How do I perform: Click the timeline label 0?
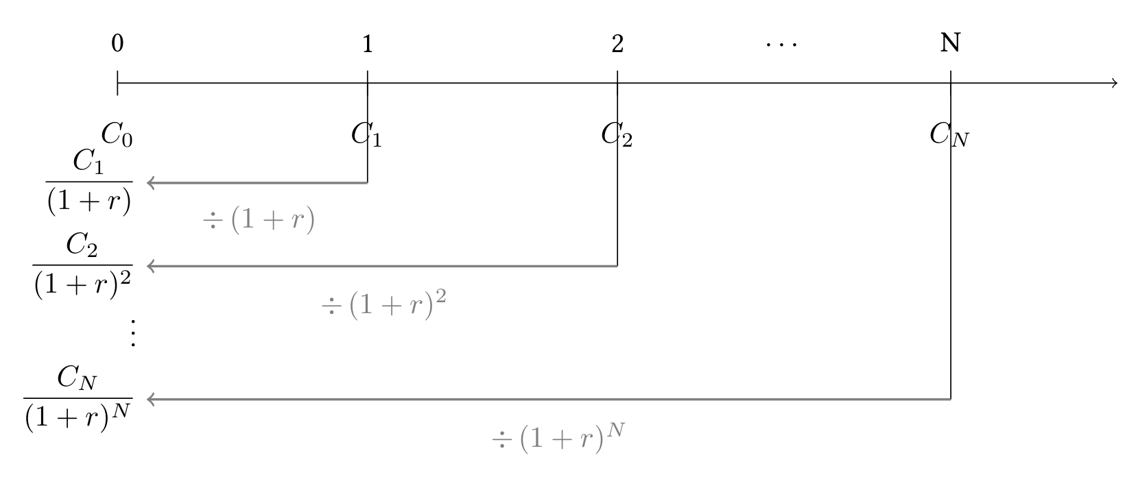(x=117, y=44)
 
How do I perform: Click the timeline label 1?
(x=368, y=44)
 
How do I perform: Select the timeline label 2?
(x=617, y=44)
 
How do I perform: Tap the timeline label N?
(x=950, y=43)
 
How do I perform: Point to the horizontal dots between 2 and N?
(x=781, y=45)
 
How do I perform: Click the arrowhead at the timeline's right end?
(x=1114, y=83)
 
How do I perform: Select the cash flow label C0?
(x=117, y=135)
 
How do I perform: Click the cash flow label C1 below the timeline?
(x=366, y=135)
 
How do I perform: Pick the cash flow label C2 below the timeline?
(x=617, y=135)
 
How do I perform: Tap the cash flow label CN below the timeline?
(x=949, y=135)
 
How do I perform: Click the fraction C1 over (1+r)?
(x=89, y=182)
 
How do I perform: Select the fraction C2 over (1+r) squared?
(x=83, y=265)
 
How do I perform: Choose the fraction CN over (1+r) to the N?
(x=78, y=399)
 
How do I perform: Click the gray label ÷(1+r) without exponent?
(x=259, y=220)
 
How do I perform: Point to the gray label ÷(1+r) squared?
(x=384, y=304)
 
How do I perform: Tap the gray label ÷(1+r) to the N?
(x=558, y=437)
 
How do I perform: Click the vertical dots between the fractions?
(x=132, y=333)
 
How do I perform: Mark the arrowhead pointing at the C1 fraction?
(x=150, y=183)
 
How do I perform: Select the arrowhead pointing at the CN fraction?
(x=150, y=400)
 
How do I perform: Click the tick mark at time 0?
(x=117, y=83)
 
